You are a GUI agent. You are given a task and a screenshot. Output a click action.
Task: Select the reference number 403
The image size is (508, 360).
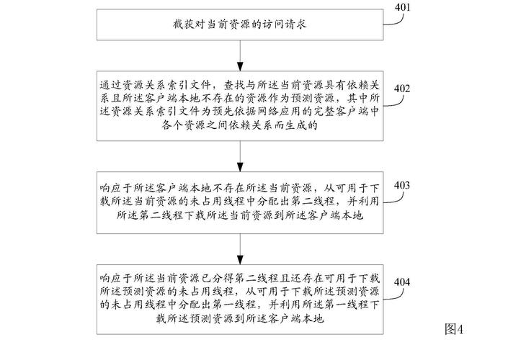pyautogui.click(x=403, y=185)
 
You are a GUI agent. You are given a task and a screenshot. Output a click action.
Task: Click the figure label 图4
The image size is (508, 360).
pyautogui.click(x=455, y=329)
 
